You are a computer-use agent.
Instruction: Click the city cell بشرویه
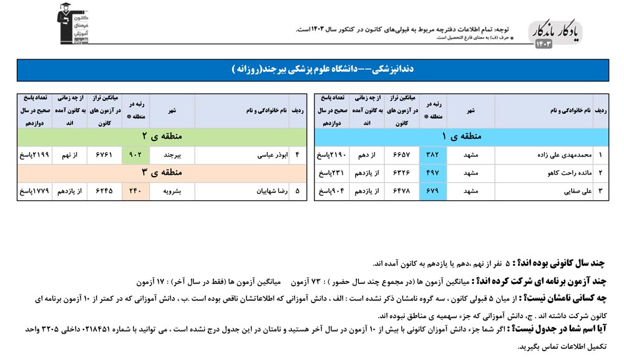point(172,191)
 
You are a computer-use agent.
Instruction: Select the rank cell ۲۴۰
point(136,191)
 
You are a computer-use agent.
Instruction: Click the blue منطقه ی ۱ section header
point(462,136)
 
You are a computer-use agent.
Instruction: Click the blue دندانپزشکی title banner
point(312,70)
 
